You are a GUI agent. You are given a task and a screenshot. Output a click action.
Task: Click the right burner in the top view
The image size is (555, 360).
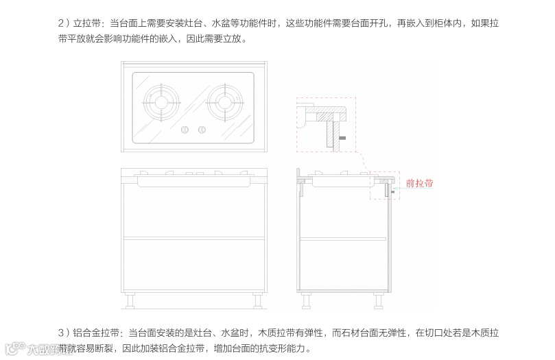click(226, 104)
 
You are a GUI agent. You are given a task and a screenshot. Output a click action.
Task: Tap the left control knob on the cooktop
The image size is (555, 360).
click(184, 130)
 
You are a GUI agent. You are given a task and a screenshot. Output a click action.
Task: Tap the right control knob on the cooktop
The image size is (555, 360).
click(202, 130)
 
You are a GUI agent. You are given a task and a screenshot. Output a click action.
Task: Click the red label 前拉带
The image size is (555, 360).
click(419, 184)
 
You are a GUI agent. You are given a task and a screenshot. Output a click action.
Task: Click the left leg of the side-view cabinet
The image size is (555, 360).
click(307, 301)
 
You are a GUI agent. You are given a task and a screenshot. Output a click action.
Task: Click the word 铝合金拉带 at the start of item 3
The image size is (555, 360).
click(96, 333)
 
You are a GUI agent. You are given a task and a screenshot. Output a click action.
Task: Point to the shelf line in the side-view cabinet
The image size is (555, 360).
click(343, 237)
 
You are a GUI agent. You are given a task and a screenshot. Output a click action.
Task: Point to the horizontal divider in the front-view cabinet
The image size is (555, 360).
click(193, 237)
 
